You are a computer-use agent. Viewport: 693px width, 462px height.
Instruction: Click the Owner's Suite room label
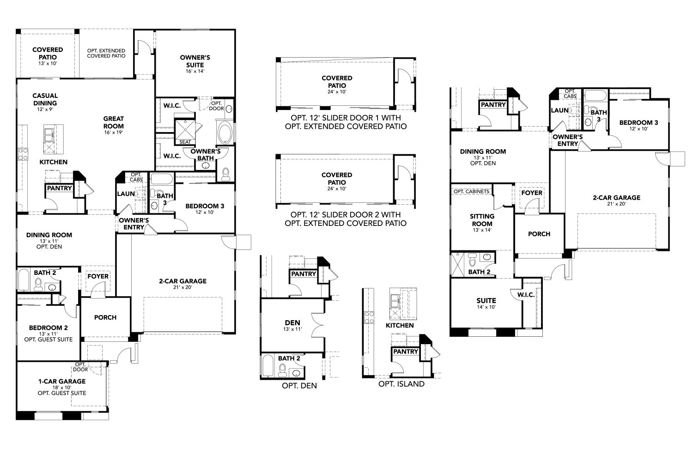195,61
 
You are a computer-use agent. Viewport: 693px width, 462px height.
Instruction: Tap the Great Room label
113,122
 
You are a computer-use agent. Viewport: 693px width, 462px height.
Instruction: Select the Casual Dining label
45,99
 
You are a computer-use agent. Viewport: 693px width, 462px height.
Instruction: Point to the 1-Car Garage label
62,381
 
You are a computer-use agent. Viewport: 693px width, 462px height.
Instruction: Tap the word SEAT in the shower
185,142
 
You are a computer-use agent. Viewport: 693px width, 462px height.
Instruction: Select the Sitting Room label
482,220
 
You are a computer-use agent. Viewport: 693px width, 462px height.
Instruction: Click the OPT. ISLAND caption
401,384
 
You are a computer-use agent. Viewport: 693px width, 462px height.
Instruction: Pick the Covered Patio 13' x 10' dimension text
48,64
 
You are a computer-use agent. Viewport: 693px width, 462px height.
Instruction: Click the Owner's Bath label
206,155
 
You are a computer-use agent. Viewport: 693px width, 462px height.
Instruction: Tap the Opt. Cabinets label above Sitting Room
471,191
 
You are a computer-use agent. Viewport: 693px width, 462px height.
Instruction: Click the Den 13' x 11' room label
292,326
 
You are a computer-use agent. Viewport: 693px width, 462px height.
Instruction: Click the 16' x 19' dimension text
113,133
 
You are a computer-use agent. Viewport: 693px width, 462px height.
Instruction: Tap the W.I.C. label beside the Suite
526,294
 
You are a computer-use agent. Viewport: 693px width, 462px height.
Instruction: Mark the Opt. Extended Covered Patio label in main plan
106,53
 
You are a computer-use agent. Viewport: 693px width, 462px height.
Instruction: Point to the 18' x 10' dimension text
62,388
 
